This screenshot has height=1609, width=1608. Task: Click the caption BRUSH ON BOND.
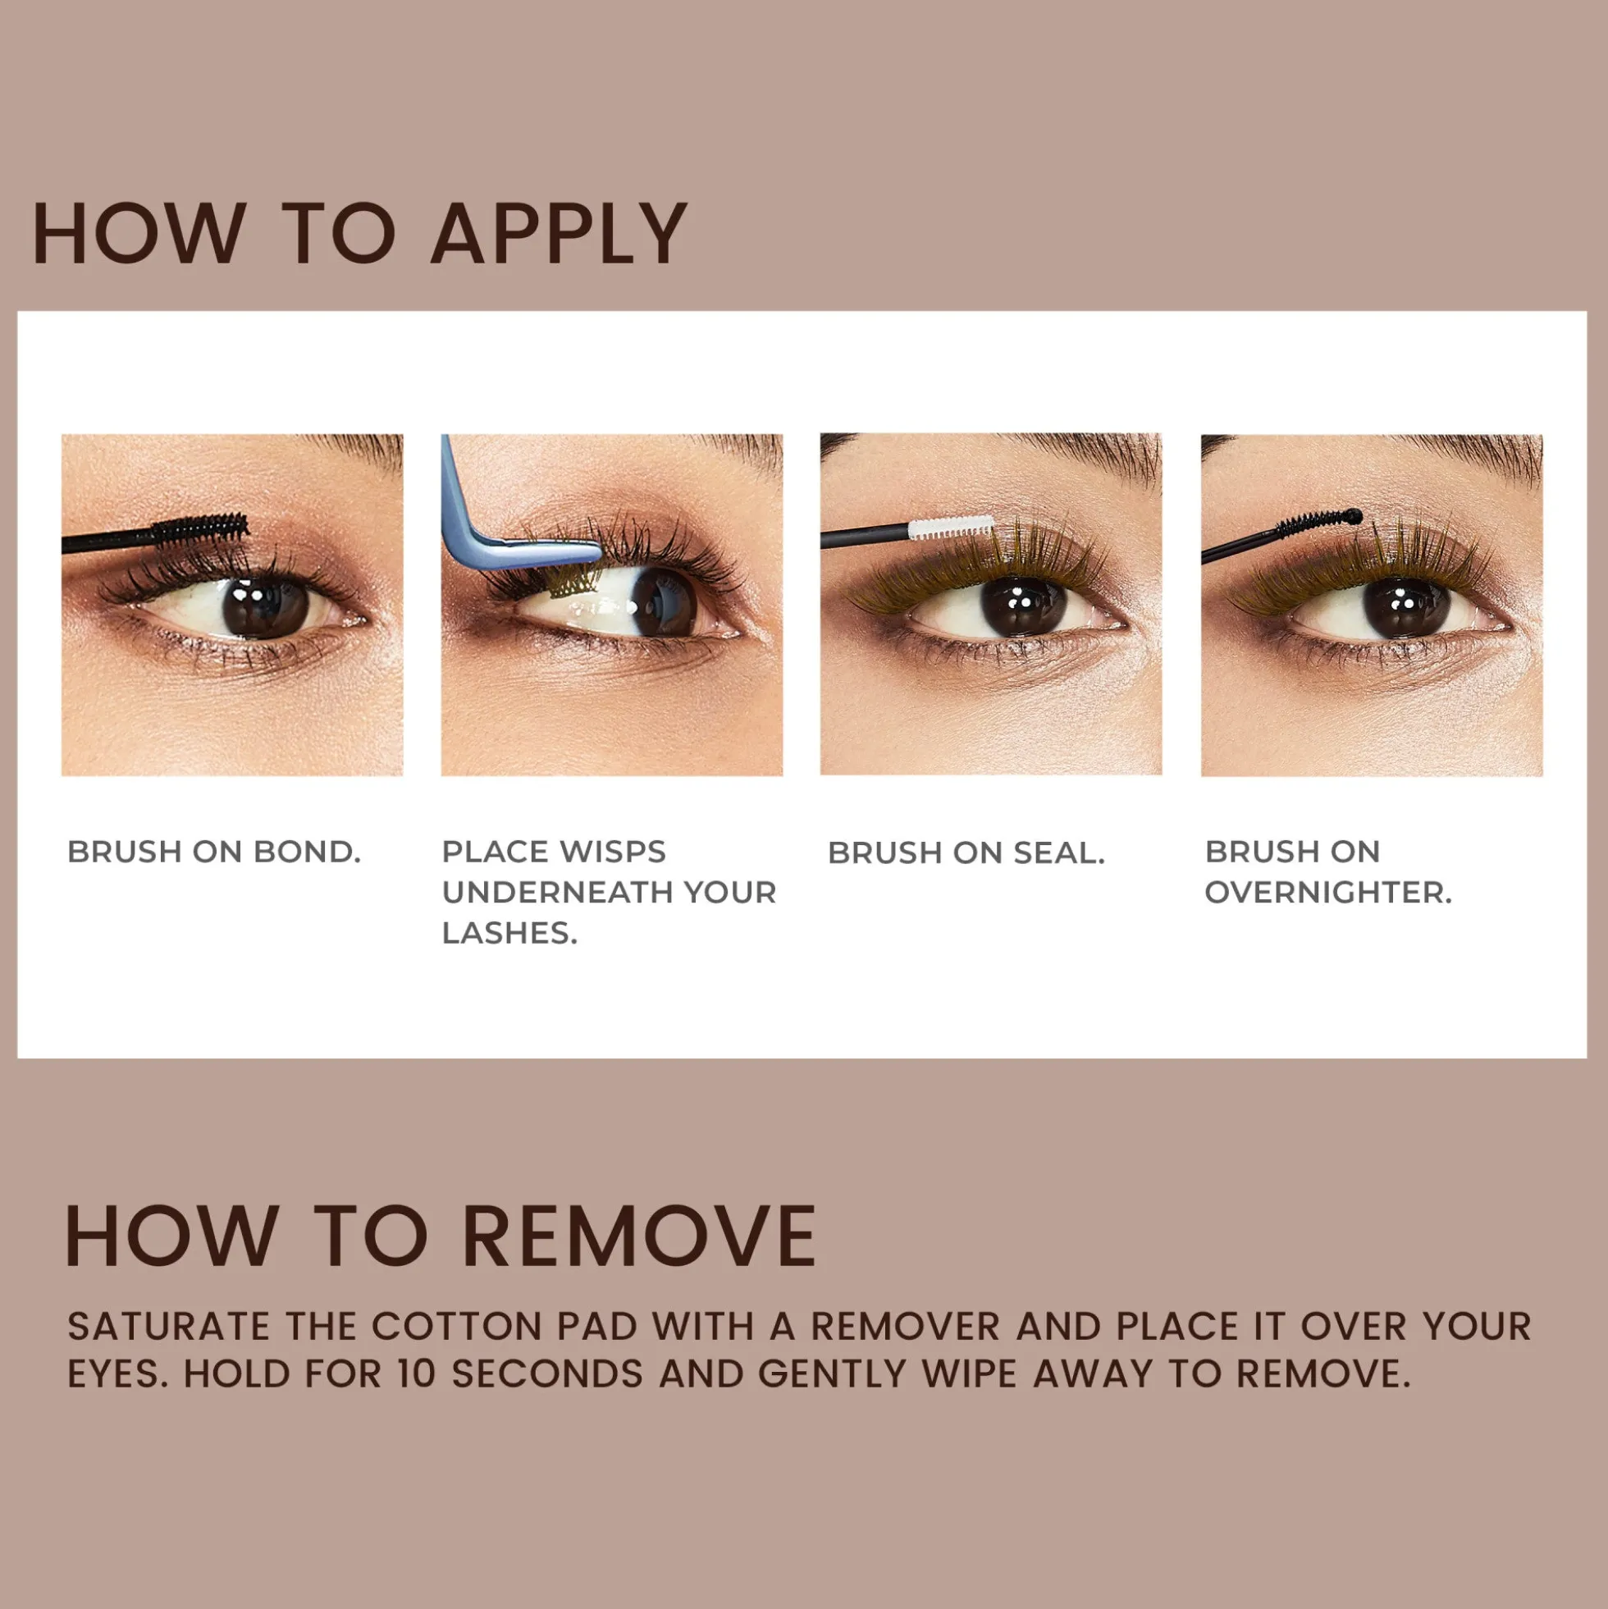click(x=214, y=852)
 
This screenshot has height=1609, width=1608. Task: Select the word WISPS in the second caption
click(x=612, y=852)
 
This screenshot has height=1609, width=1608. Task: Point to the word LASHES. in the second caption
click(x=509, y=934)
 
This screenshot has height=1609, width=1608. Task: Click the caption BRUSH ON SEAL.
click(x=966, y=852)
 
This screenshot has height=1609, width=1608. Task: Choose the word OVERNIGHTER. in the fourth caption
click(x=1328, y=893)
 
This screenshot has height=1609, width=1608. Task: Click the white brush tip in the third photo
click(x=951, y=528)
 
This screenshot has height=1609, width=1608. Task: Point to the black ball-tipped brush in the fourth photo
click(x=1282, y=536)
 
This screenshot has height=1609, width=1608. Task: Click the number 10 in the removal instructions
click(x=418, y=1374)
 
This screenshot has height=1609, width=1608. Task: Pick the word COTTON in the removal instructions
click(x=457, y=1327)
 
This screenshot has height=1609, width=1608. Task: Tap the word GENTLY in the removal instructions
click(x=832, y=1374)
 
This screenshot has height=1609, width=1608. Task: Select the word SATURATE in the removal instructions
click(x=169, y=1327)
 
